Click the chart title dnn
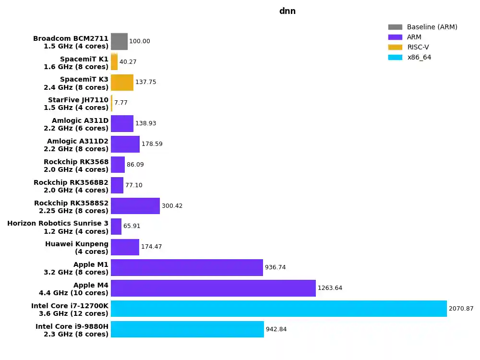pos(287,11)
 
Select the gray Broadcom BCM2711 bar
pos(119,41)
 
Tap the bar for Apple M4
pos(213,288)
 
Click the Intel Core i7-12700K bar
pos(278,309)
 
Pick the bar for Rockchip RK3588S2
pos(135,206)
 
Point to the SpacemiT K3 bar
pos(122,83)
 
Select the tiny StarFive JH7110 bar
pos(112,103)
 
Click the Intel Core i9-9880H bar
pos(187,329)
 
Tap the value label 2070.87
pos(461,309)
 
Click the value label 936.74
pos(275,267)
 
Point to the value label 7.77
pos(121,103)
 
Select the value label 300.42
pos(172,206)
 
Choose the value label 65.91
pos(132,226)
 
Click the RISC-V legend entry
pos(418,47)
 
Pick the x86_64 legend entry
pos(419,57)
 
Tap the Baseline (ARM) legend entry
pos(432,27)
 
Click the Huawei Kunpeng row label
pos(77,248)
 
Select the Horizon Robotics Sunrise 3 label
pos(58,227)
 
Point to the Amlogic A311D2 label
pos(77,145)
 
